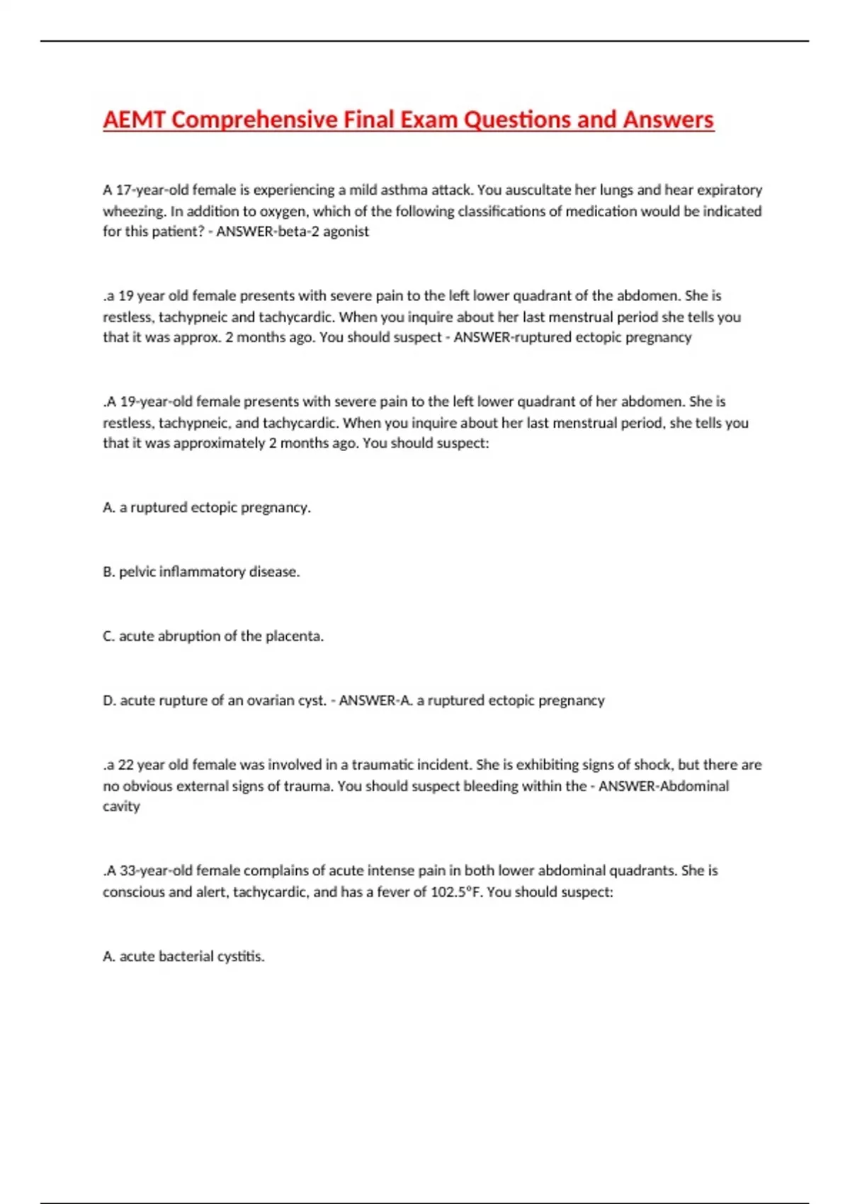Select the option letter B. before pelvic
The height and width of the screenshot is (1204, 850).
[108, 572]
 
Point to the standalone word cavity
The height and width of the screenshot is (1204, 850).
[121, 806]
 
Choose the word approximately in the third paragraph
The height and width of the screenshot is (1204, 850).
[219, 443]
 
